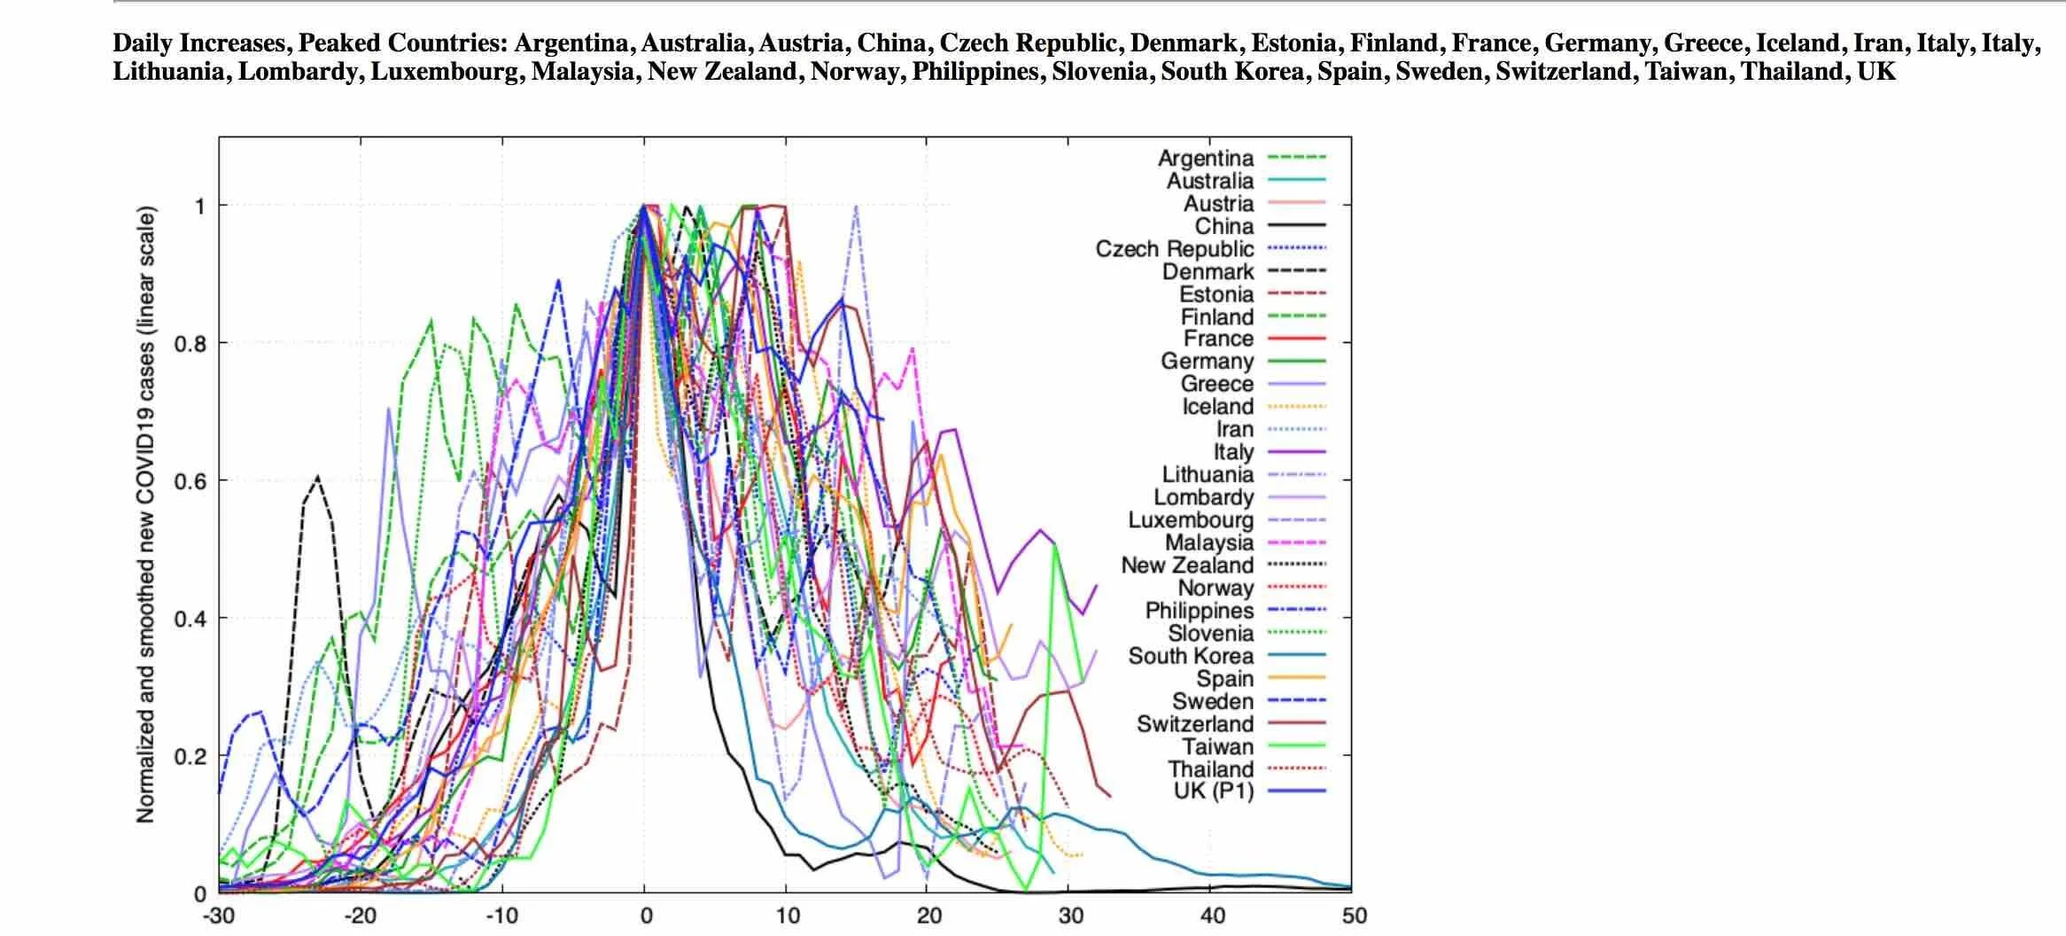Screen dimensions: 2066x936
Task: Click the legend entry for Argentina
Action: click(1206, 158)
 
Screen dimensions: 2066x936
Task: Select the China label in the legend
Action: click(1224, 226)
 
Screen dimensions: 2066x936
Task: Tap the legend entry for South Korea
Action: click(1191, 656)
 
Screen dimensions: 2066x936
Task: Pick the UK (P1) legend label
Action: click(1214, 792)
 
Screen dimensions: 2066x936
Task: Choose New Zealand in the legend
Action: click(1187, 565)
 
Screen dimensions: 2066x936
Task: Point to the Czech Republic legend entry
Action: click(1175, 249)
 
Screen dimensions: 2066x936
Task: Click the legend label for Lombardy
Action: click(1203, 497)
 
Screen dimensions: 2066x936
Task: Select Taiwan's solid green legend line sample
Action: click(1297, 746)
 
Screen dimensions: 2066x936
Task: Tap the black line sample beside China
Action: click(1297, 226)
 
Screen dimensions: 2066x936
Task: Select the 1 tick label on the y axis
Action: click(199, 206)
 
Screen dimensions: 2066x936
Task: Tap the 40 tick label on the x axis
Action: click(1212, 916)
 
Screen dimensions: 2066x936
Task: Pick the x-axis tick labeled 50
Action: click(1354, 916)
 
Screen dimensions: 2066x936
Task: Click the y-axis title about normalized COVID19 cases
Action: click(146, 515)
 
